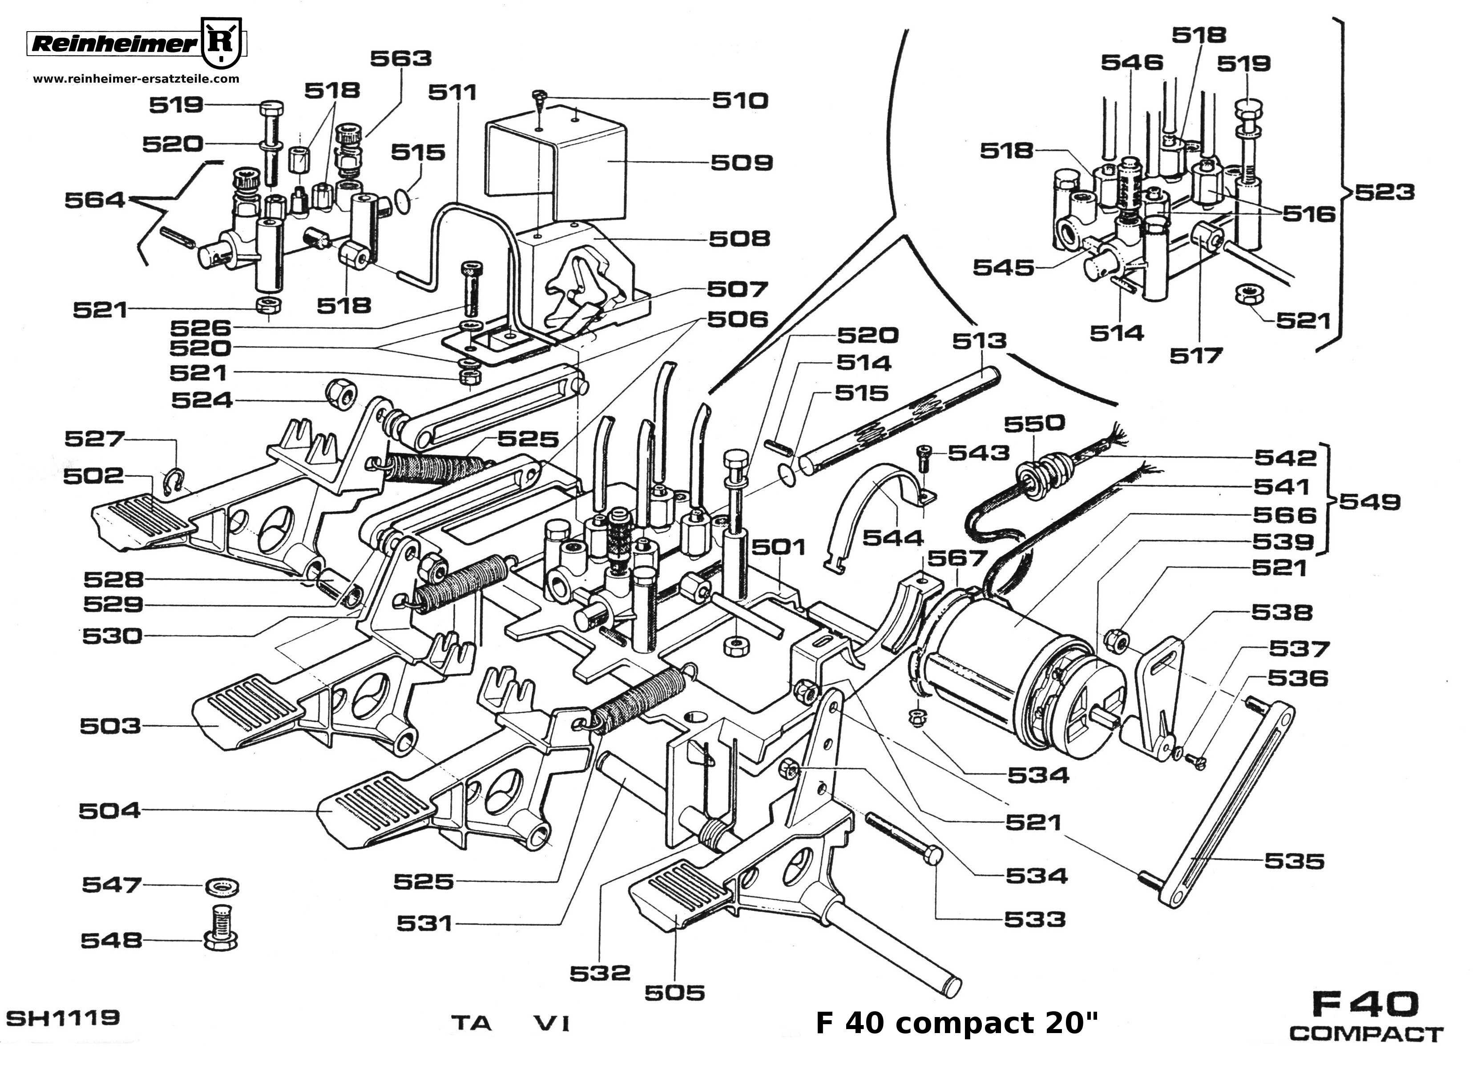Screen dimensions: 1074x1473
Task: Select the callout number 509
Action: (x=741, y=162)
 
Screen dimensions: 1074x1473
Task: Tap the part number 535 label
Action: (x=1294, y=861)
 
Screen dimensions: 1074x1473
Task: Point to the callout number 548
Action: (x=111, y=940)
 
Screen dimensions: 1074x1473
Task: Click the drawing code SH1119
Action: (x=63, y=1017)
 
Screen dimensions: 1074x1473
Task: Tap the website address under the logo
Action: (x=136, y=79)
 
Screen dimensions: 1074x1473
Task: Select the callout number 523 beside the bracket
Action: (x=1384, y=193)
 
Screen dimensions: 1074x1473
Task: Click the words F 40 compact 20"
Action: (x=956, y=1023)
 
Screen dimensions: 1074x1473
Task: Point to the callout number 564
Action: (x=94, y=200)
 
